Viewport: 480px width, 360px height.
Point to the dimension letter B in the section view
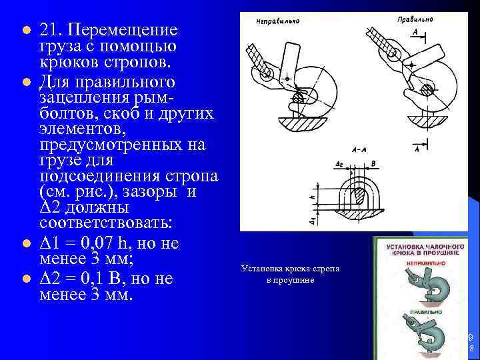click(373, 163)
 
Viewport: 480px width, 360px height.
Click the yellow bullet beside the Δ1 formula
click(25, 244)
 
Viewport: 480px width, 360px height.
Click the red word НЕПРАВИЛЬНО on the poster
click(420, 263)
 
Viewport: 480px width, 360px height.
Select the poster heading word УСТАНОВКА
click(403, 247)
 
